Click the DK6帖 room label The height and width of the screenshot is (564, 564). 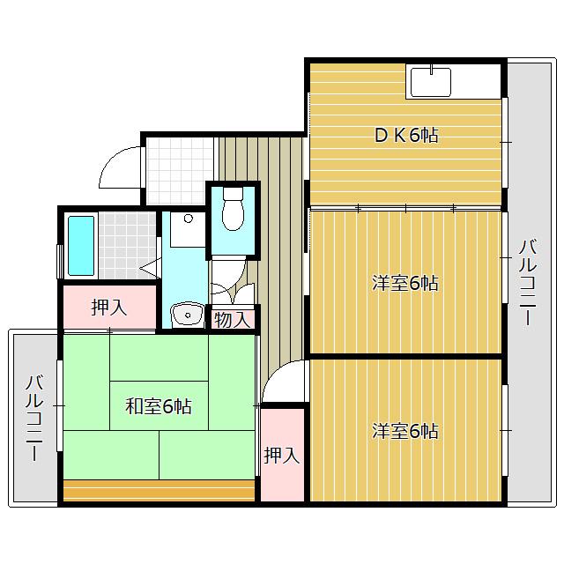(x=406, y=136)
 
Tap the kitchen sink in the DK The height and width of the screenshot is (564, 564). (x=431, y=82)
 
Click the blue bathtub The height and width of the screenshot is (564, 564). (x=81, y=246)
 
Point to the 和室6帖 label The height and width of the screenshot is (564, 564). (x=159, y=406)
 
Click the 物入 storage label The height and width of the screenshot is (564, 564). (x=232, y=319)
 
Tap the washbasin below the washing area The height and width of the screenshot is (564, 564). (x=187, y=315)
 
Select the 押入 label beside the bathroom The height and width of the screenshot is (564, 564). (x=109, y=308)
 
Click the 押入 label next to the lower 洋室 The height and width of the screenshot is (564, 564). (x=282, y=456)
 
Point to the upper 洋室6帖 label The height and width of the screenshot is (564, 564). (x=405, y=283)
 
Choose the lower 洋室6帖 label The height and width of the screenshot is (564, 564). (x=405, y=431)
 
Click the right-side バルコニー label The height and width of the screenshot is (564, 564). (x=528, y=283)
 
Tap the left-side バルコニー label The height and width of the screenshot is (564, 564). (x=34, y=417)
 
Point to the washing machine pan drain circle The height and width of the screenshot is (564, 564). (x=188, y=219)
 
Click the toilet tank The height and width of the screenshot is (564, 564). (x=233, y=194)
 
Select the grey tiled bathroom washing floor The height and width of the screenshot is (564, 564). (x=128, y=245)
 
